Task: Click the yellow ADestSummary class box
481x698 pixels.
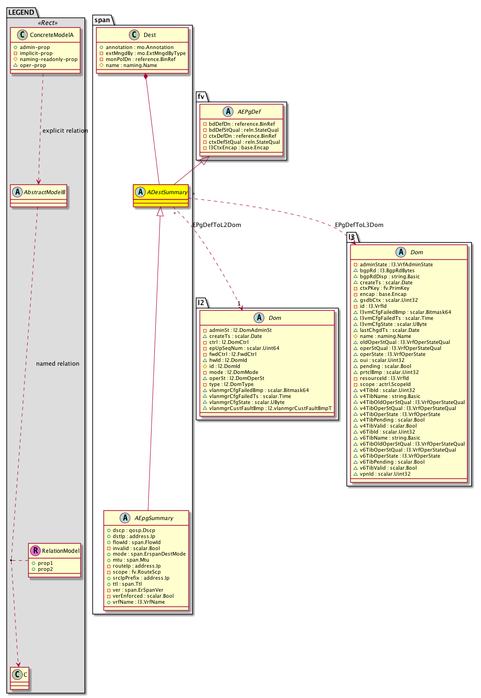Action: click(x=161, y=196)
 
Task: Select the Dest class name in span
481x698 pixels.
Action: click(x=149, y=35)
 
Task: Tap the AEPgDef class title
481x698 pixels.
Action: click(x=249, y=112)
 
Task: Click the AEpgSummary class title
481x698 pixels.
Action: click(x=153, y=518)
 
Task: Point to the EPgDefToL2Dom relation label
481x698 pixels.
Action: click(x=217, y=225)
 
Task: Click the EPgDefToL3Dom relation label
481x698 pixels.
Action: click(x=359, y=225)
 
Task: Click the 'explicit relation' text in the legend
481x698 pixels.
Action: click(x=65, y=131)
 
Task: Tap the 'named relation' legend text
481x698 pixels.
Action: click(x=58, y=364)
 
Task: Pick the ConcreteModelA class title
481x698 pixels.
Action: click(x=51, y=35)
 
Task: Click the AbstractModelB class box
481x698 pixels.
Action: click(x=39, y=196)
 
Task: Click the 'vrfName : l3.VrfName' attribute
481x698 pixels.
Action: click(x=139, y=602)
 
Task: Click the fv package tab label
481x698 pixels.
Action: click(x=201, y=97)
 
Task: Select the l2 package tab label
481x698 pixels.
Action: click(x=201, y=303)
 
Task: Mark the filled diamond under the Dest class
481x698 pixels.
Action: click(x=145, y=77)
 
